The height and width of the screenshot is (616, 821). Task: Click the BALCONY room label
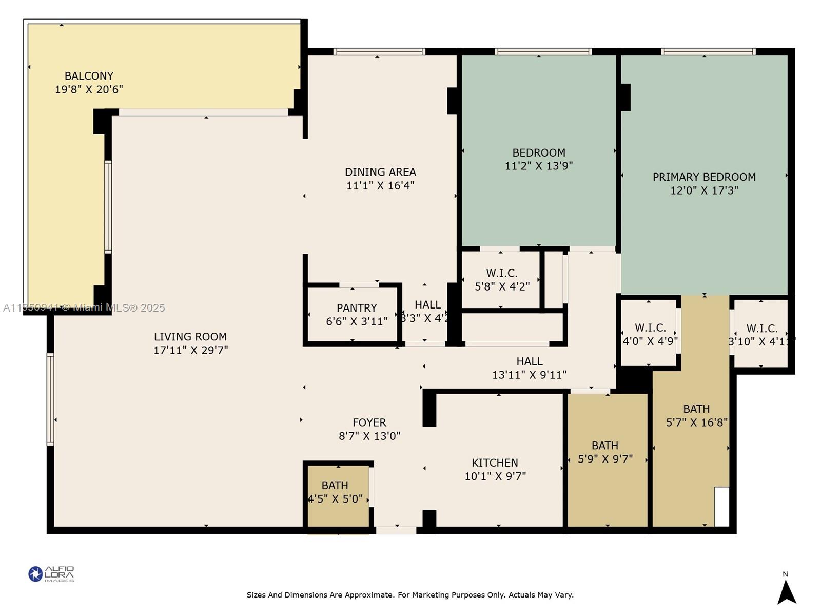[x=89, y=76]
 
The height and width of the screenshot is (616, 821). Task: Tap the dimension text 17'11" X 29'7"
[x=190, y=350]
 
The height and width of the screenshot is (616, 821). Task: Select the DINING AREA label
[x=380, y=172]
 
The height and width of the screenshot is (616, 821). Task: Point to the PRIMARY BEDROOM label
[x=704, y=177]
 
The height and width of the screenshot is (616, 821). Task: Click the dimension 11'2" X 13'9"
[x=539, y=166]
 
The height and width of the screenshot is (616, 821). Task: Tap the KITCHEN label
[x=495, y=463]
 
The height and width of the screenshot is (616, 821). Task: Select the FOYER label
[x=369, y=422]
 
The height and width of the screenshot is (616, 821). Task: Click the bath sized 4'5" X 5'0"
[x=335, y=491]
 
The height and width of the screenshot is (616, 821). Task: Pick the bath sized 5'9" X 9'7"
[x=605, y=452]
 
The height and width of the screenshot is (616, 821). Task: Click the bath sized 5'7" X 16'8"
[x=696, y=415]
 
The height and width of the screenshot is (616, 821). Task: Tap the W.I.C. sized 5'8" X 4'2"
[x=502, y=279]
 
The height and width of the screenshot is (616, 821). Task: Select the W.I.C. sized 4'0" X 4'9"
[x=650, y=334]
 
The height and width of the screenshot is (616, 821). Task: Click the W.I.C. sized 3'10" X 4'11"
[x=761, y=335]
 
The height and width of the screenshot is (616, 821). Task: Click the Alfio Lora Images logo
[x=51, y=574]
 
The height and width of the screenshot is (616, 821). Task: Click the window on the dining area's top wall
[x=379, y=51]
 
